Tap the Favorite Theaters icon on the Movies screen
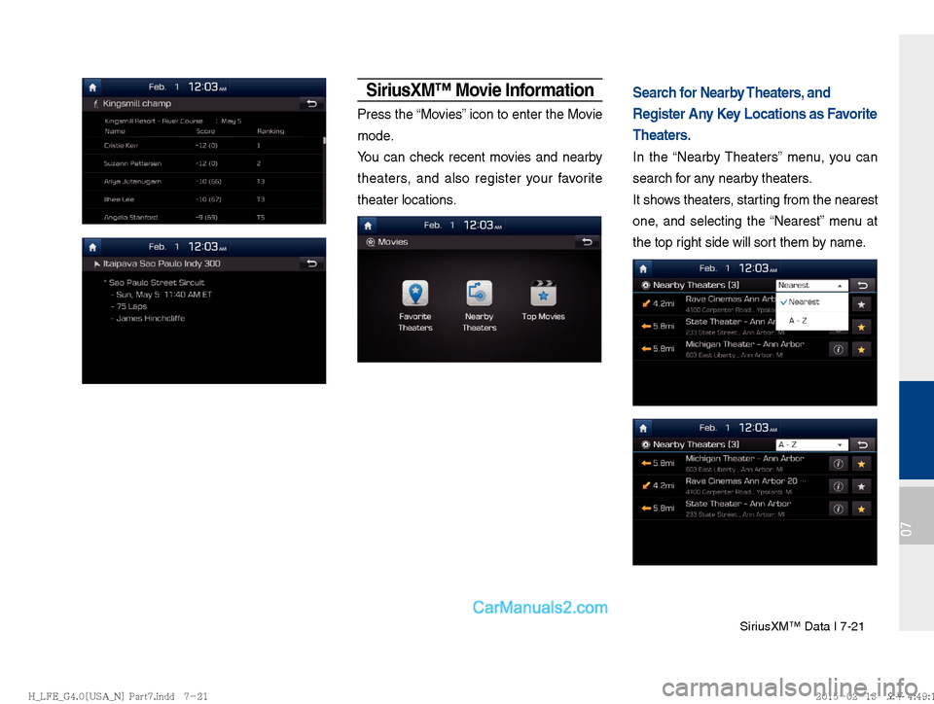[x=415, y=294]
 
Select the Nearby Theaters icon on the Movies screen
[x=479, y=294]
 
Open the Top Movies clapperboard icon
[x=543, y=294]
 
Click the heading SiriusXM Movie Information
[x=479, y=90]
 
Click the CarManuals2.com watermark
[x=540, y=608]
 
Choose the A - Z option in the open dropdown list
[x=798, y=320]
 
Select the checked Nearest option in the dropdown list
[x=804, y=302]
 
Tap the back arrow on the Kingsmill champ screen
[x=311, y=103]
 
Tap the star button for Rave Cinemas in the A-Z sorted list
[x=861, y=486]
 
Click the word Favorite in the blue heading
[x=844, y=114]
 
